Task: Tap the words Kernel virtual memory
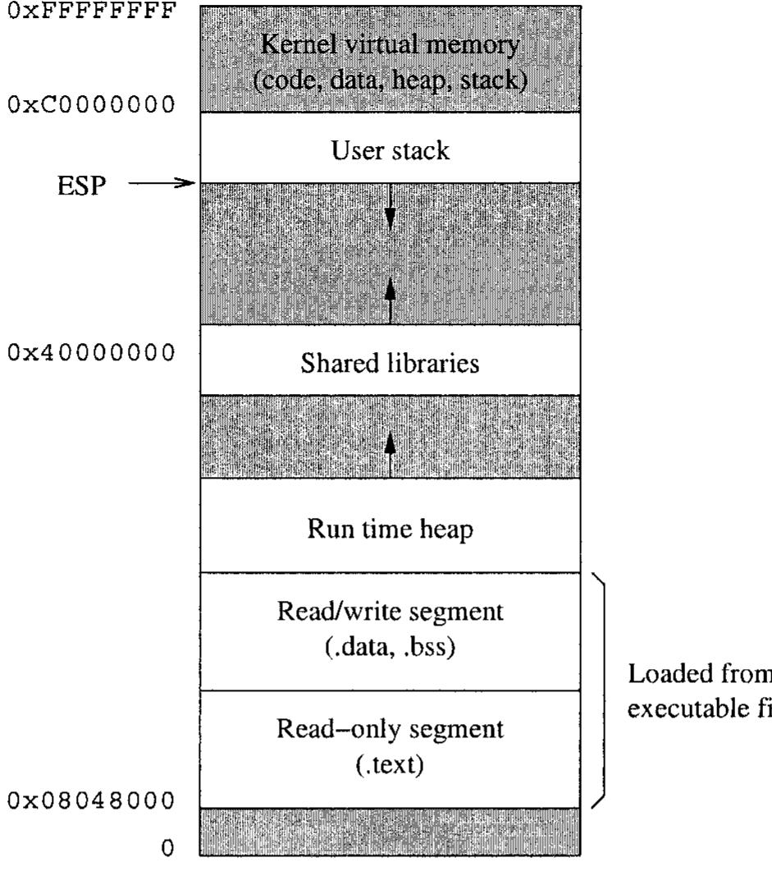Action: point(389,46)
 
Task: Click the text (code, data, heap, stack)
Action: point(389,80)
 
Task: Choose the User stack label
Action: point(389,150)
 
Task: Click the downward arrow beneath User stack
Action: point(391,210)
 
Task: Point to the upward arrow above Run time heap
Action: point(391,450)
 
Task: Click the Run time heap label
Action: point(389,530)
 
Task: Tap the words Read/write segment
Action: point(389,613)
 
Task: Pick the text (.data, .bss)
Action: point(389,647)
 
